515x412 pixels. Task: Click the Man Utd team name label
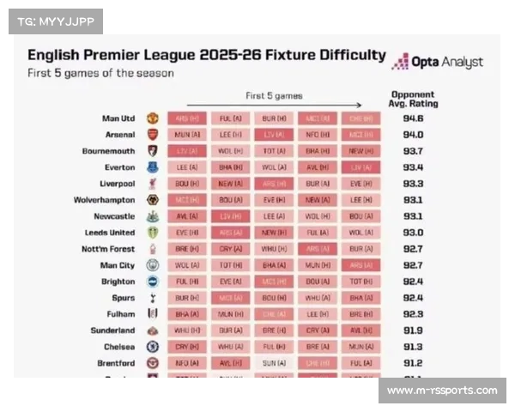click(x=118, y=118)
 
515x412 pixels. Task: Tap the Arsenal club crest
click(x=152, y=135)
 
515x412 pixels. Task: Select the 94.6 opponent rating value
click(x=413, y=118)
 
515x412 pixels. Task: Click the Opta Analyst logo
click(x=437, y=62)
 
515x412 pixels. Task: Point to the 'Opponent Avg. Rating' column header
click(x=414, y=99)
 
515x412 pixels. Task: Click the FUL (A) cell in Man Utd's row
click(x=230, y=118)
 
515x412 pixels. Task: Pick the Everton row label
click(x=119, y=167)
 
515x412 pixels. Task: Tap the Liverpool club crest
click(x=152, y=184)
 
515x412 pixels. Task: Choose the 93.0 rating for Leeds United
click(x=413, y=233)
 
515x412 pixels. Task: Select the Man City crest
click(x=152, y=265)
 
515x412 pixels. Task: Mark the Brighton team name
click(x=118, y=282)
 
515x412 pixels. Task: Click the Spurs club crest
click(x=152, y=298)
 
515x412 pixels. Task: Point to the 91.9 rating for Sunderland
click(x=413, y=330)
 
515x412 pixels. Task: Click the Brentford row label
click(x=116, y=363)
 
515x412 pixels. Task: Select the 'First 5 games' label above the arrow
click(x=273, y=95)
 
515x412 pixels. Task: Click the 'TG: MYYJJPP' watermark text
click(x=53, y=21)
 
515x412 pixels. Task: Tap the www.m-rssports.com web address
click(x=442, y=391)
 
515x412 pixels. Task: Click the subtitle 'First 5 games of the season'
click(x=100, y=73)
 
